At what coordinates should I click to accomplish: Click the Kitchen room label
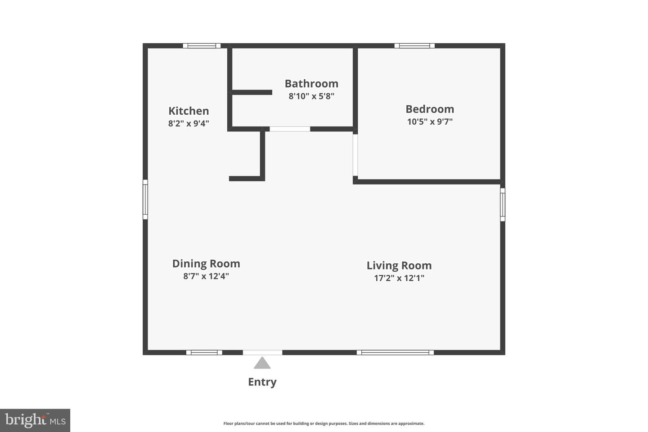[x=189, y=111]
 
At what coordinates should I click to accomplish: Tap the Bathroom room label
[x=311, y=84]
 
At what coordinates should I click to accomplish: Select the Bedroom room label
[x=430, y=109]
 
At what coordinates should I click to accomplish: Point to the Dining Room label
[x=206, y=264]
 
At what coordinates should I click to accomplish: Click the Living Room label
[x=399, y=265]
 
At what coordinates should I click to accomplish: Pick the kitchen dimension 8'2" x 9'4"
[x=189, y=124]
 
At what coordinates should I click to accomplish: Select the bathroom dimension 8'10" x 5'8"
[x=311, y=96]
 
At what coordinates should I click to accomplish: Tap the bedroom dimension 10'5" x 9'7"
[x=430, y=121]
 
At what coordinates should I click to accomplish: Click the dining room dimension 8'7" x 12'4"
[x=206, y=276]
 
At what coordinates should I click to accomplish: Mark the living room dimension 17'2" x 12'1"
[x=399, y=278]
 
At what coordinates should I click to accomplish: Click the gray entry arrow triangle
[x=262, y=363]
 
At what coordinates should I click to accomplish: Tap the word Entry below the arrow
[x=262, y=382]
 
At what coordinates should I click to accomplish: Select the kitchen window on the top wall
[x=202, y=46]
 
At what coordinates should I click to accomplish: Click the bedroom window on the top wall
[x=414, y=46]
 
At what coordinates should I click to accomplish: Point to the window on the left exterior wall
[x=145, y=199]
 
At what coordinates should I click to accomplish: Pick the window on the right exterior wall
[x=503, y=205]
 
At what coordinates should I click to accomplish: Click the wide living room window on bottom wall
[x=395, y=352]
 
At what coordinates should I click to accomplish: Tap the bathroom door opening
[x=290, y=129]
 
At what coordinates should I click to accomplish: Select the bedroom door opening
[x=355, y=155]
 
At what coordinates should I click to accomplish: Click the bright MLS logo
[x=35, y=420]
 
